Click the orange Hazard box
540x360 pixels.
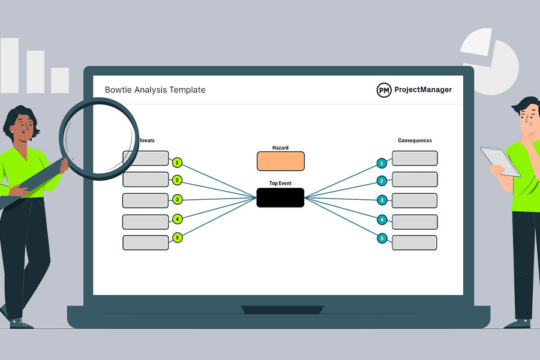coord(280,161)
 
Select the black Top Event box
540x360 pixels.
coord(280,197)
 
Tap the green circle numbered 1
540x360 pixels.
coord(177,162)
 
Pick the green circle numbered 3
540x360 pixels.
coord(177,199)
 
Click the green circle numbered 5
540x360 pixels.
coord(177,238)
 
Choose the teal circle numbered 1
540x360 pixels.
coord(382,163)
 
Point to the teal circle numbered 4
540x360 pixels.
coord(382,220)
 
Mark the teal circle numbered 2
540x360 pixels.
coord(382,181)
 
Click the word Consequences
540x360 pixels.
coord(415,140)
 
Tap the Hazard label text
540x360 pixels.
coord(280,147)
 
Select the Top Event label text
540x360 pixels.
coord(280,183)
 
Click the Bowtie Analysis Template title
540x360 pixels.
coord(155,90)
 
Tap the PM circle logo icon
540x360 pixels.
coord(384,90)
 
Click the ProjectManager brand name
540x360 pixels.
coord(423,90)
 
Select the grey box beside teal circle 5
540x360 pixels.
coord(415,242)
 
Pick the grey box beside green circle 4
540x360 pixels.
coord(145,221)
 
